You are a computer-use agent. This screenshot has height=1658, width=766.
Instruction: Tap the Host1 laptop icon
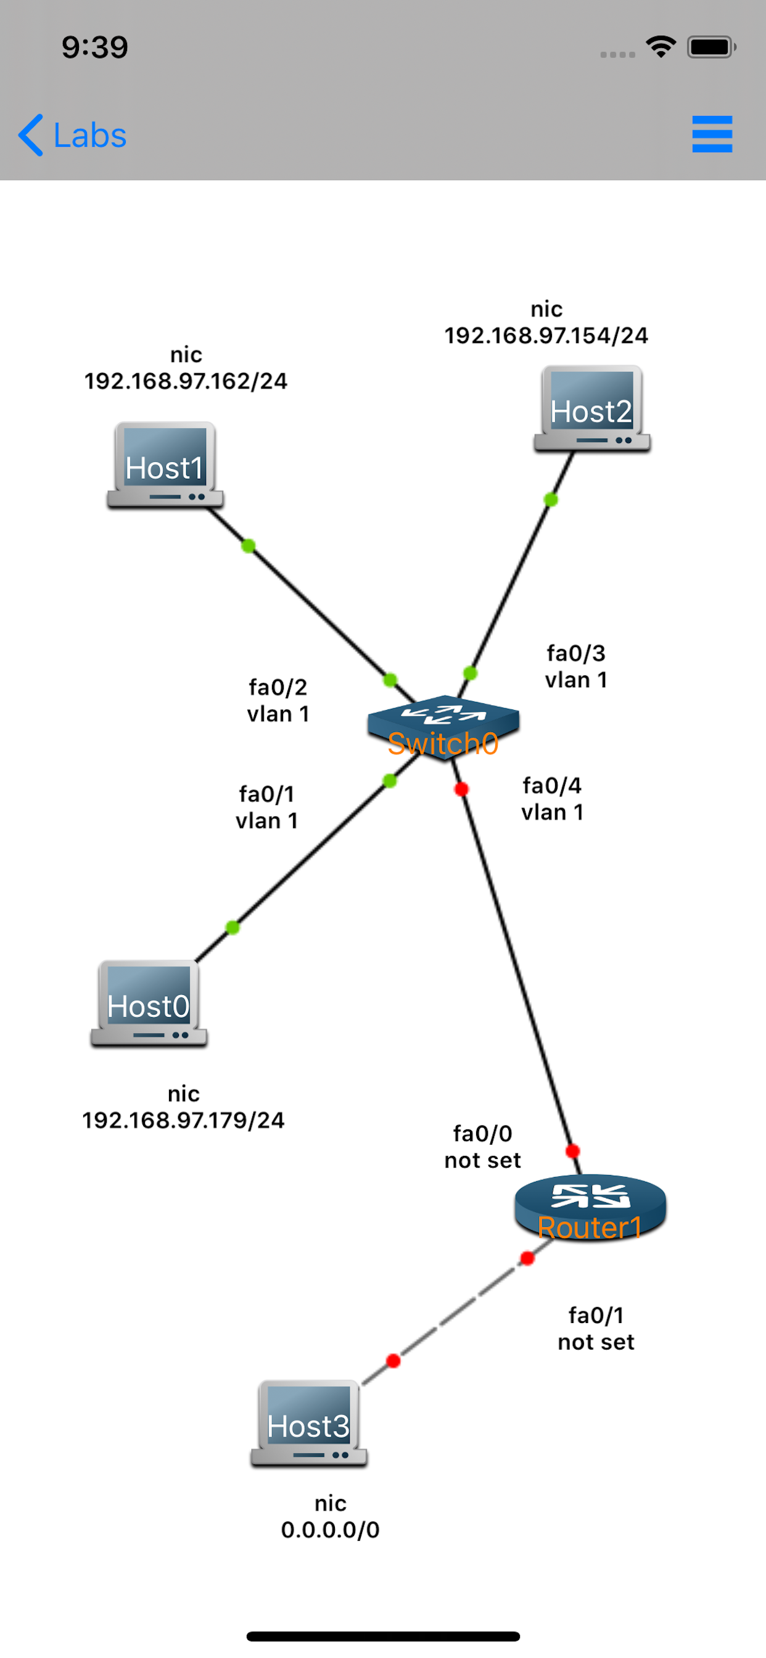click(x=165, y=465)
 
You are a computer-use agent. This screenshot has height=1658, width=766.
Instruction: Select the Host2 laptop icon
click(x=592, y=409)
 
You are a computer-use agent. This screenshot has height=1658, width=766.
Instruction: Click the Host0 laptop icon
click(x=149, y=1004)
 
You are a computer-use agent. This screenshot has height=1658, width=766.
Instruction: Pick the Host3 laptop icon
click(x=309, y=1423)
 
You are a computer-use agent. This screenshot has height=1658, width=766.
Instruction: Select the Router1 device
click(x=590, y=1208)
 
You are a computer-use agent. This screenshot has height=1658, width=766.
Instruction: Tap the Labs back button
click(x=72, y=135)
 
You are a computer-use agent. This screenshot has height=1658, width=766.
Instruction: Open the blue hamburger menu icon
click(x=712, y=134)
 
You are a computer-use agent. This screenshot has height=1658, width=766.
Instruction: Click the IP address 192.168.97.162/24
click(x=186, y=381)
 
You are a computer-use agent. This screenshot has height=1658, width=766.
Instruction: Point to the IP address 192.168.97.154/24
click(x=546, y=336)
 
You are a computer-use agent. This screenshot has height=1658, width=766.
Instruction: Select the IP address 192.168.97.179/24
click(x=183, y=1120)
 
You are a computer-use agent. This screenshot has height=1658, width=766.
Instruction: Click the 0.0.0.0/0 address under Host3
click(x=330, y=1529)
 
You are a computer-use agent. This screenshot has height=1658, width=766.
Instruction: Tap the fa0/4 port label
click(x=552, y=786)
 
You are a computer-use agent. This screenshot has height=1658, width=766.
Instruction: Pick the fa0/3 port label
click(x=576, y=653)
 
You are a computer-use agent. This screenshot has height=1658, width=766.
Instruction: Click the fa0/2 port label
click(x=278, y=687)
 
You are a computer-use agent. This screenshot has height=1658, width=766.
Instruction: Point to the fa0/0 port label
click(x=483, y=1134)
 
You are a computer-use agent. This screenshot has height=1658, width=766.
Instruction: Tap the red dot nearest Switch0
click(x=461, y=789)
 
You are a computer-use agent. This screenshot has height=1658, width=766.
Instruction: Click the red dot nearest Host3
click(x=393, y=1361)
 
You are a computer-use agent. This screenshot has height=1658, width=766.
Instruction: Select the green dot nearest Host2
click(x=550, y=500)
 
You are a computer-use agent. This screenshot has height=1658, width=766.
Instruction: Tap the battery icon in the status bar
click(x=711, y=47)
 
